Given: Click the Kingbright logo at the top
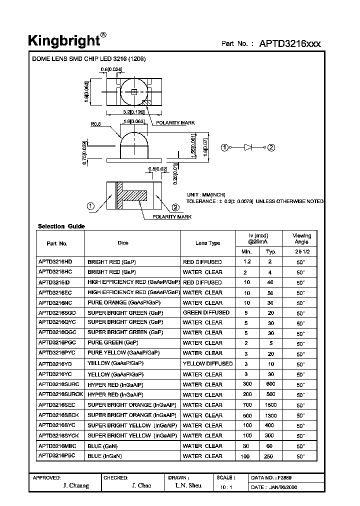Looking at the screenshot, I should (x=65, y=40).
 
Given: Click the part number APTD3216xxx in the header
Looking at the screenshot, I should (x=289, y=43).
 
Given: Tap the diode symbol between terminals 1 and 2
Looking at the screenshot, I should (x=248, y=147).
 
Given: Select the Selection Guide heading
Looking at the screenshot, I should (x=61, y=226).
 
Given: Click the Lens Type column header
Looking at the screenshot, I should (x=207, y=243).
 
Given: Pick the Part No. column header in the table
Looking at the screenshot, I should (x=56, y=243).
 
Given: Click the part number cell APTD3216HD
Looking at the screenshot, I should (x=55, y=261).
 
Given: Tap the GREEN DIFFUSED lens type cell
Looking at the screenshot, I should (x=206, y=312).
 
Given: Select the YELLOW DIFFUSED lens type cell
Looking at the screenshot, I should (x=207, y=363).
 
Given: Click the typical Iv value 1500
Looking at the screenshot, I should (x=271, y=405).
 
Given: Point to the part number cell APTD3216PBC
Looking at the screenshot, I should (x=56, y=455).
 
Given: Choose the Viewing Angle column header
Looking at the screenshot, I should (x=301, y=238).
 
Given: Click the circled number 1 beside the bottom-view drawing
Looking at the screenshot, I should (x=91, y=205).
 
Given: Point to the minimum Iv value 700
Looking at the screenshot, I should (x=246, y=405).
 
